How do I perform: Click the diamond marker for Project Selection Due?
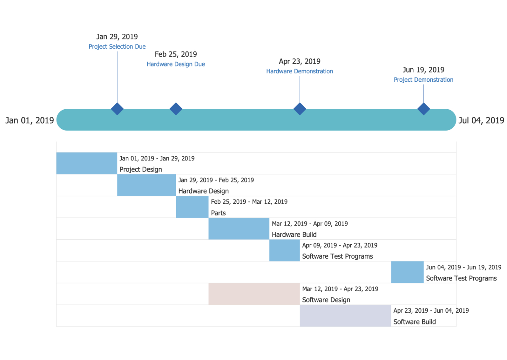pos(117,109)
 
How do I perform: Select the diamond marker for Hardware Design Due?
pos(176,109)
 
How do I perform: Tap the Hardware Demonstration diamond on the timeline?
pos(300,109)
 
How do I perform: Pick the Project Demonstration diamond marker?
pos(423,109)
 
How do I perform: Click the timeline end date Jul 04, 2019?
pos(481,121)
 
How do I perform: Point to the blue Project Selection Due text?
pos(117,47)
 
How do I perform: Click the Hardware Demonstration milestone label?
pos(300,71)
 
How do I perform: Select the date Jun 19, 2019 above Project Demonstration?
pos(423,70)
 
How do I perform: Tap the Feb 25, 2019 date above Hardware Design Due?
pos(176,54)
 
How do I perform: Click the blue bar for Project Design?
pos(86,163)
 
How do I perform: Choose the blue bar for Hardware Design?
pos(146,185)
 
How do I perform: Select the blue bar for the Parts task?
pos(192,207)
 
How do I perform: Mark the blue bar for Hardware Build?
pos(239,229)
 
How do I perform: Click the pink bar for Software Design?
pos(254,294)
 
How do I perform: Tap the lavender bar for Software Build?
pos(345,316)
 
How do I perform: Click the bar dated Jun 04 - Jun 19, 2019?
pos(407,272)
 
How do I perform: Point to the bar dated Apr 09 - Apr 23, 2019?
pos(284,250)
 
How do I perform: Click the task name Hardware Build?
pos(294,234)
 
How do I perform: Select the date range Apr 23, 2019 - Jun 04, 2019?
pos(431,311)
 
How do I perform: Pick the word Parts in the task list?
pos(218,213)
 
